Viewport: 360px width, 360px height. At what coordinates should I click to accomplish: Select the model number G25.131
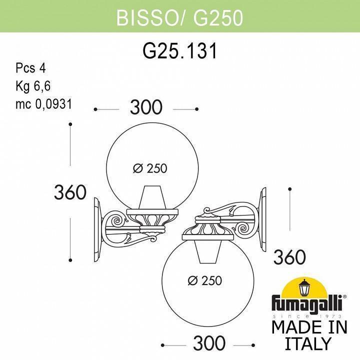click(x=179, y=51)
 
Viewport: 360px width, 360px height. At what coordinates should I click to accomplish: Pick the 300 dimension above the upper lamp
click(x=146, y=107)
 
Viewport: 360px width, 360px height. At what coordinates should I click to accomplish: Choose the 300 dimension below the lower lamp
click(x=209, y=343)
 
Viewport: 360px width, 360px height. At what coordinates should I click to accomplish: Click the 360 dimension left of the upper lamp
click(x=70, y=192)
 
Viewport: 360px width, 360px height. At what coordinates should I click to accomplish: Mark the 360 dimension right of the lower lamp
click(x=289, y=257)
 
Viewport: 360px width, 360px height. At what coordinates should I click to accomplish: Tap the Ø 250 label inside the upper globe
click(x=150, y=169)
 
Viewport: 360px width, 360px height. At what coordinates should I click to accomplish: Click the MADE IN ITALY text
click(x=308, y=334)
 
